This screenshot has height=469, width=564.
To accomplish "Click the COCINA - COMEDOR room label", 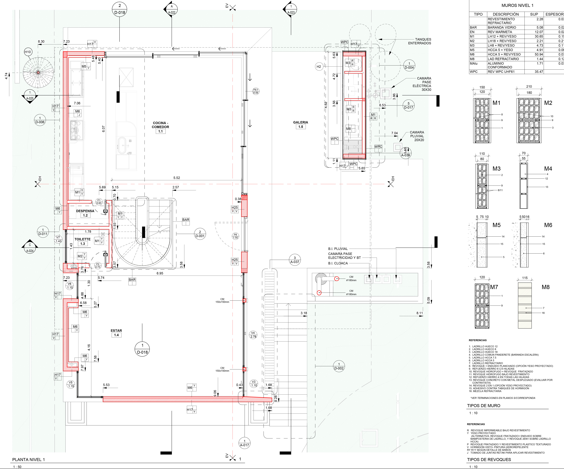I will click(160, 125).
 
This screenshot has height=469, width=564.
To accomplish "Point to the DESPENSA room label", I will click(85, 211).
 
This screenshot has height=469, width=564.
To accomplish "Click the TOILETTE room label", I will click(82, 239).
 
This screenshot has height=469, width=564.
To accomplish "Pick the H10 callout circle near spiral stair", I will click(28, 52).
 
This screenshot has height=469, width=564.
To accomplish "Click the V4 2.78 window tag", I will click(253, 335).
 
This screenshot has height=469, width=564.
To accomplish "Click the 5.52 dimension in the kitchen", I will click(176, 178).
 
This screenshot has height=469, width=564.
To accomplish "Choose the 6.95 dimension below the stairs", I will click(160, 273).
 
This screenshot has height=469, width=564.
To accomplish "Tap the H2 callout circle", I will click(319, 67).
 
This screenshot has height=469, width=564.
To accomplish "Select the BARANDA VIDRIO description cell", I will click(502, 27).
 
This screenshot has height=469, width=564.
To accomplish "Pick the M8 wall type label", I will click(545, 287).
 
